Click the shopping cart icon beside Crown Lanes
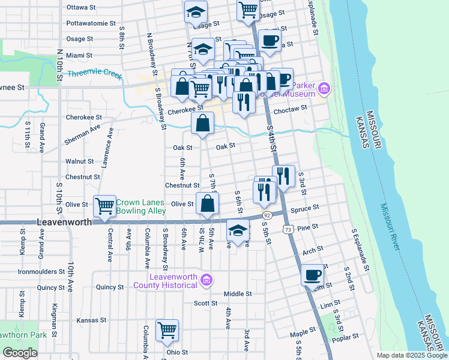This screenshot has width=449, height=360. [x=105, y=206]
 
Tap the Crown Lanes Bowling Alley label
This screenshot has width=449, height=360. [x=140, y=207]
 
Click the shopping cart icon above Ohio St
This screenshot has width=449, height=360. [x=167, y=329]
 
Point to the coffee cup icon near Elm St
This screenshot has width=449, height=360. [x=312, y=275]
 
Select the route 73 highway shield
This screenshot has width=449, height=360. [x=288, y=229]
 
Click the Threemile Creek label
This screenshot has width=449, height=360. [x=95, y=75]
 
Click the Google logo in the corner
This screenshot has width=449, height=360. [x=20, y=353]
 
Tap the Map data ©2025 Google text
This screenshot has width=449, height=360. [x=412, y=355]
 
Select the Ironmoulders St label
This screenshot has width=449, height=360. [x=42, y=272]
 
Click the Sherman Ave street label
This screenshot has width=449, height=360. [x=83, y=136]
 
